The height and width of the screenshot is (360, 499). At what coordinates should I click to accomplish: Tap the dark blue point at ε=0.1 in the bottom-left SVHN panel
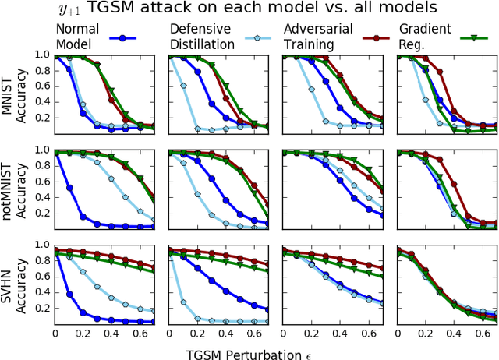click(70, 294)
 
